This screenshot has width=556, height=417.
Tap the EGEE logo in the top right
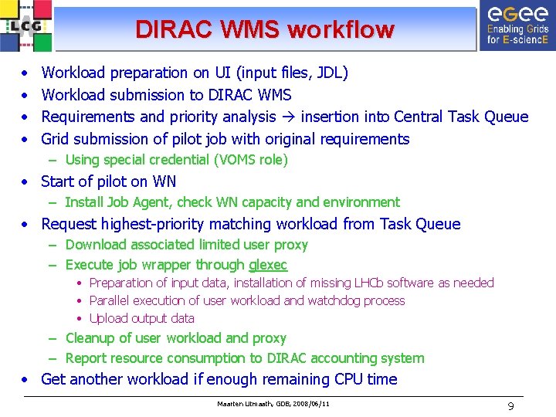tap(517, 25)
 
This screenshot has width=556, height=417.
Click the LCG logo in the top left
tap(27, 25)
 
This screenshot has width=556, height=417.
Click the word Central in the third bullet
tap(420, 117)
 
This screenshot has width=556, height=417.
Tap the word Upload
tap(109, 318)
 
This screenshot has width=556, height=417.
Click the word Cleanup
tap(92, 338)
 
